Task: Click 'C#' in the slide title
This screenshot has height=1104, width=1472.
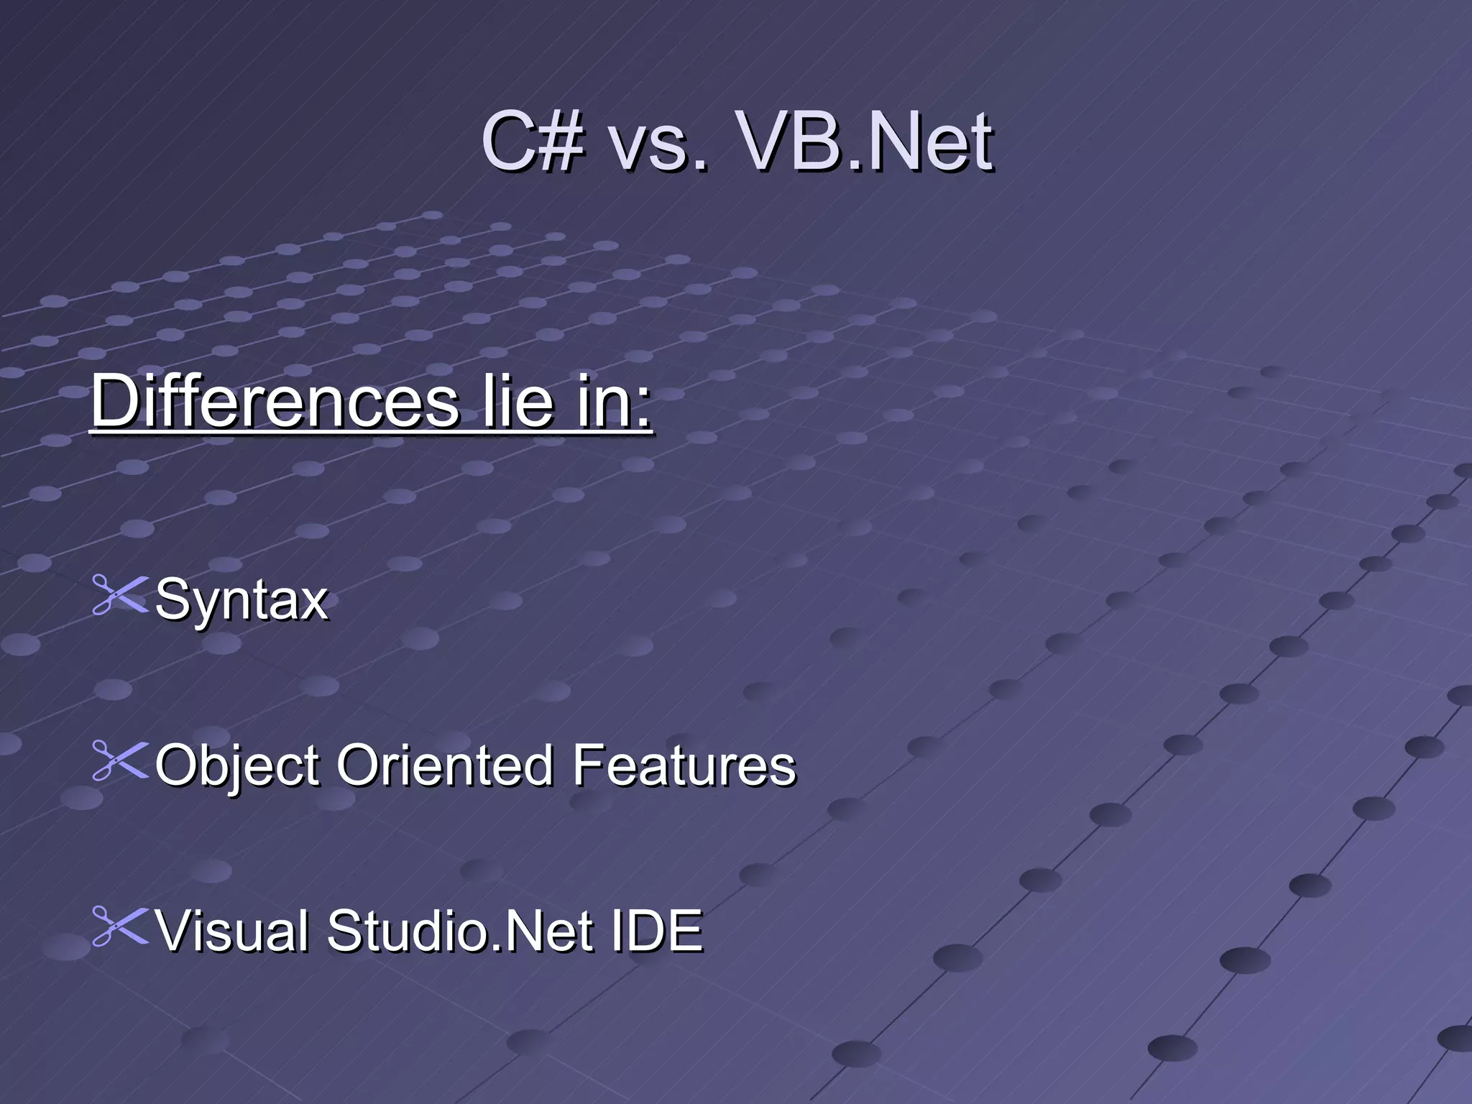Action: click(x=532, y=142)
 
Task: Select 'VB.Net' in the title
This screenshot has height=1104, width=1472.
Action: click(x=865, y=142)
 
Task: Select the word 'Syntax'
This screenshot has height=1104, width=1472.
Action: click(x=241, y=599)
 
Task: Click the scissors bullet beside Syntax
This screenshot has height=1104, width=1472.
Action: click(x=119, y=596)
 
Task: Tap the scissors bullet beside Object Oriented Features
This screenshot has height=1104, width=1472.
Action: click(x=119, y=761)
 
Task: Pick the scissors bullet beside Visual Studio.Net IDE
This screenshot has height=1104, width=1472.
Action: click(x=119, y=926)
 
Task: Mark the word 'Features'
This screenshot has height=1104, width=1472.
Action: click(x=684, y=765)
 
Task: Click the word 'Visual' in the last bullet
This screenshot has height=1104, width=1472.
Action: click(x=233, y=930)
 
